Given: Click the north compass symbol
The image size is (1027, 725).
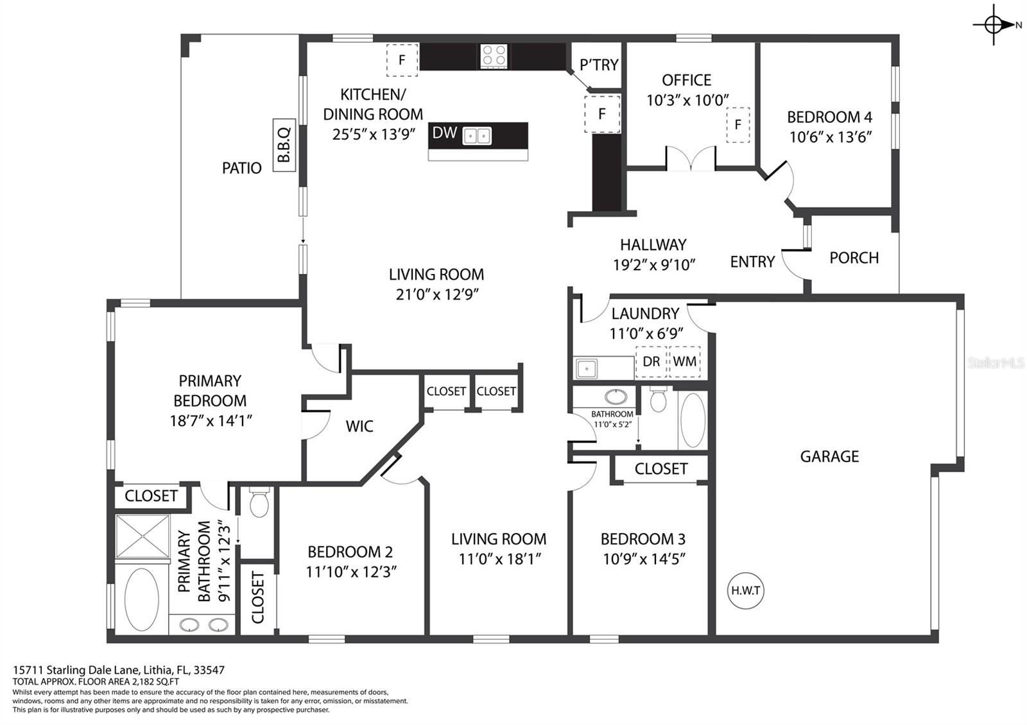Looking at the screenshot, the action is [994, 25].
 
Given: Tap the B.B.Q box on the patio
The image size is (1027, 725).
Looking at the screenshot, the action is [284, 145].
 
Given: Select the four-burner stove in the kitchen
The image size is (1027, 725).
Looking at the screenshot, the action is [494, 56].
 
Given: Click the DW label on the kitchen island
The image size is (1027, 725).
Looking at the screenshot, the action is [444, 133].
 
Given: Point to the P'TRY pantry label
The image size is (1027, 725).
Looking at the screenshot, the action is [599, 65].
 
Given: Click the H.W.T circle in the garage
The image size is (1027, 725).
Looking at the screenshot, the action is [745, 591].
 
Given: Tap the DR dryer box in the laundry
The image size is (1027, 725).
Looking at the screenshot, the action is [651, 362].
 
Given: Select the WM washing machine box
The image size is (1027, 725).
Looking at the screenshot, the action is [685, 362].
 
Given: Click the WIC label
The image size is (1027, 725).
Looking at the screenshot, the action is [359, 426].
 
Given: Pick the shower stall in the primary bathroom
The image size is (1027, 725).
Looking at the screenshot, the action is [142, 536].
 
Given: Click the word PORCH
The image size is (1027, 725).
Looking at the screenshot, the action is [854, 258].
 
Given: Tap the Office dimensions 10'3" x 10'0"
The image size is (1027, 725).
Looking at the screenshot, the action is [687, 100].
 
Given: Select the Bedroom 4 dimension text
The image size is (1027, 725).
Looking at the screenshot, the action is [831, 137].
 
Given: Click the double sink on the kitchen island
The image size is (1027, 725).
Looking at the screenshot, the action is [477, 136].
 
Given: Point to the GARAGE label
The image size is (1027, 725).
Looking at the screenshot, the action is [829, 456].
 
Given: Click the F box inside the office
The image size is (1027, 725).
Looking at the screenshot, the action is [738, 124].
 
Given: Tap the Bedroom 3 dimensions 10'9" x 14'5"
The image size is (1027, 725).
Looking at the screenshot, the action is [644, 559].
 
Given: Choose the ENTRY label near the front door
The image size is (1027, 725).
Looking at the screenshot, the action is [752, 262].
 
